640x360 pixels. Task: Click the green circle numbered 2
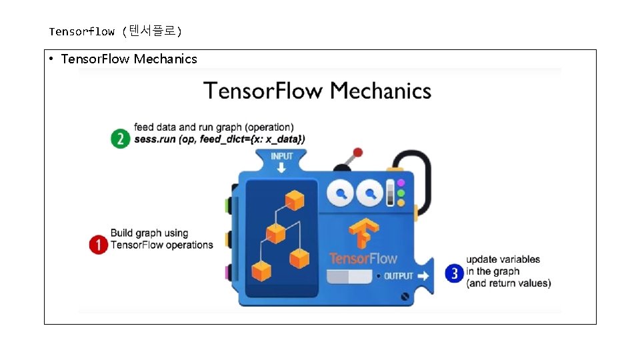tap(120, 139)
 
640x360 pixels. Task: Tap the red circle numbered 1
tap(99, 245)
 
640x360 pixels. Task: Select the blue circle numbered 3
tap(455, 273)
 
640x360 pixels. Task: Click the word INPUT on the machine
tap(281, 156)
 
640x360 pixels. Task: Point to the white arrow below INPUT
tap(281, 167)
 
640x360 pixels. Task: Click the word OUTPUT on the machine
tap(398, 276)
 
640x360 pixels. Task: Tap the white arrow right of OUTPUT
tap(424, 276)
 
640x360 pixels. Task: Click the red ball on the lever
tap(357, 153)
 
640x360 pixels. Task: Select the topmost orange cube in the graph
tap(294, 200)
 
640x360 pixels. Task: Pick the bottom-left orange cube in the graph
tap(261, 271)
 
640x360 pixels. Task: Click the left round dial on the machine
tap(341, 195)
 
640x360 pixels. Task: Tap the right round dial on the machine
tap(369, 195)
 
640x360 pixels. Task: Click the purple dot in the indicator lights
tap(401, 183)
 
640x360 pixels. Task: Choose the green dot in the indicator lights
tap(401, 193)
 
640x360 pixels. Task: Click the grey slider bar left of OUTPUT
tap(349, 276)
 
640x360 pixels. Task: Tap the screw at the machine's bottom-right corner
tap(405, 297)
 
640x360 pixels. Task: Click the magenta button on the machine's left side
tap(229, 272)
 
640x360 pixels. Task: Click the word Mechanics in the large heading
tap(381, 91)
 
